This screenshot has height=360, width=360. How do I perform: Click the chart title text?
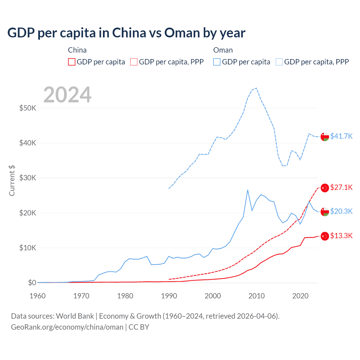coord(126,33)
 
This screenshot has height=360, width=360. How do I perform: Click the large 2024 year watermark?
coord(67,95)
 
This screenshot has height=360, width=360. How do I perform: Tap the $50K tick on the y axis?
coord(28,108)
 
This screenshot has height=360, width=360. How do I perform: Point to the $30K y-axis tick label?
coord(28,178)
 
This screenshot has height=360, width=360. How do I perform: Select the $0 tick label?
coord(32,283)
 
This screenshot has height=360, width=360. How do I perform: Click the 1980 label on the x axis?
coord(125,296)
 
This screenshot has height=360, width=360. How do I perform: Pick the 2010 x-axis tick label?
coord(256,296)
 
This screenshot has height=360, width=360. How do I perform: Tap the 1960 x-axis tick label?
coord(37,296)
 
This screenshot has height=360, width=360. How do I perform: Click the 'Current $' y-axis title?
coord(12,180)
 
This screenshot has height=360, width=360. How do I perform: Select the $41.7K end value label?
coord(341,136)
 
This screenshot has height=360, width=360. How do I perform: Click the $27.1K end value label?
coord(341,187)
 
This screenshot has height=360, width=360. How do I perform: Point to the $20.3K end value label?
coord(341,211)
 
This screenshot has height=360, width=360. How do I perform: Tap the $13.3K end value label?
coord(341,236)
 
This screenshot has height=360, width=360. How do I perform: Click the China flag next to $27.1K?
coord(325,188)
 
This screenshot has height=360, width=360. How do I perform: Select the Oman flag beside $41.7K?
coord(325,136)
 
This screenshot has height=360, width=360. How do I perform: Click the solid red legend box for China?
coord(72,62)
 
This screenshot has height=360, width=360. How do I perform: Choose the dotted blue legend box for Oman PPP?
coord(279,62)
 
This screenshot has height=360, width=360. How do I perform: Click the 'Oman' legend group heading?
coord(223,50)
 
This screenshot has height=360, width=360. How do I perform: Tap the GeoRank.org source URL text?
coord(67,327)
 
